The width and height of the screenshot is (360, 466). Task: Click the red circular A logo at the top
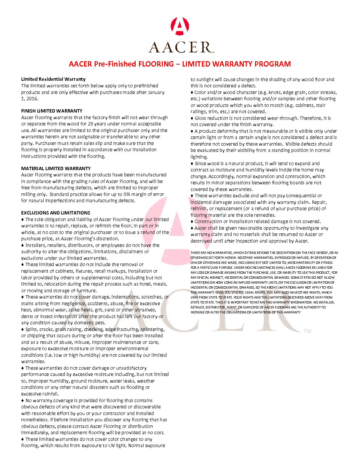(180, 26)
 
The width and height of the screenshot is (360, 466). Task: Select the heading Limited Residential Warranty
(53, 79)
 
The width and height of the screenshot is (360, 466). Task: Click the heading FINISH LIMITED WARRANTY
(52, 111)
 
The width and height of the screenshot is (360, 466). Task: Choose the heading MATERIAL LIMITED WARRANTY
(56, 168)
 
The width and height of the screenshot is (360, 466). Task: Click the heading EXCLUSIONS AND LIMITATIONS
(56, 213)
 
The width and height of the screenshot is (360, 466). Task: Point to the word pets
(101, 323)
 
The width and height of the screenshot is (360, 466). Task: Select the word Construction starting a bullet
(208, 221)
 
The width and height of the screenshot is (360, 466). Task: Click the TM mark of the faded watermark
(307, 331)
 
